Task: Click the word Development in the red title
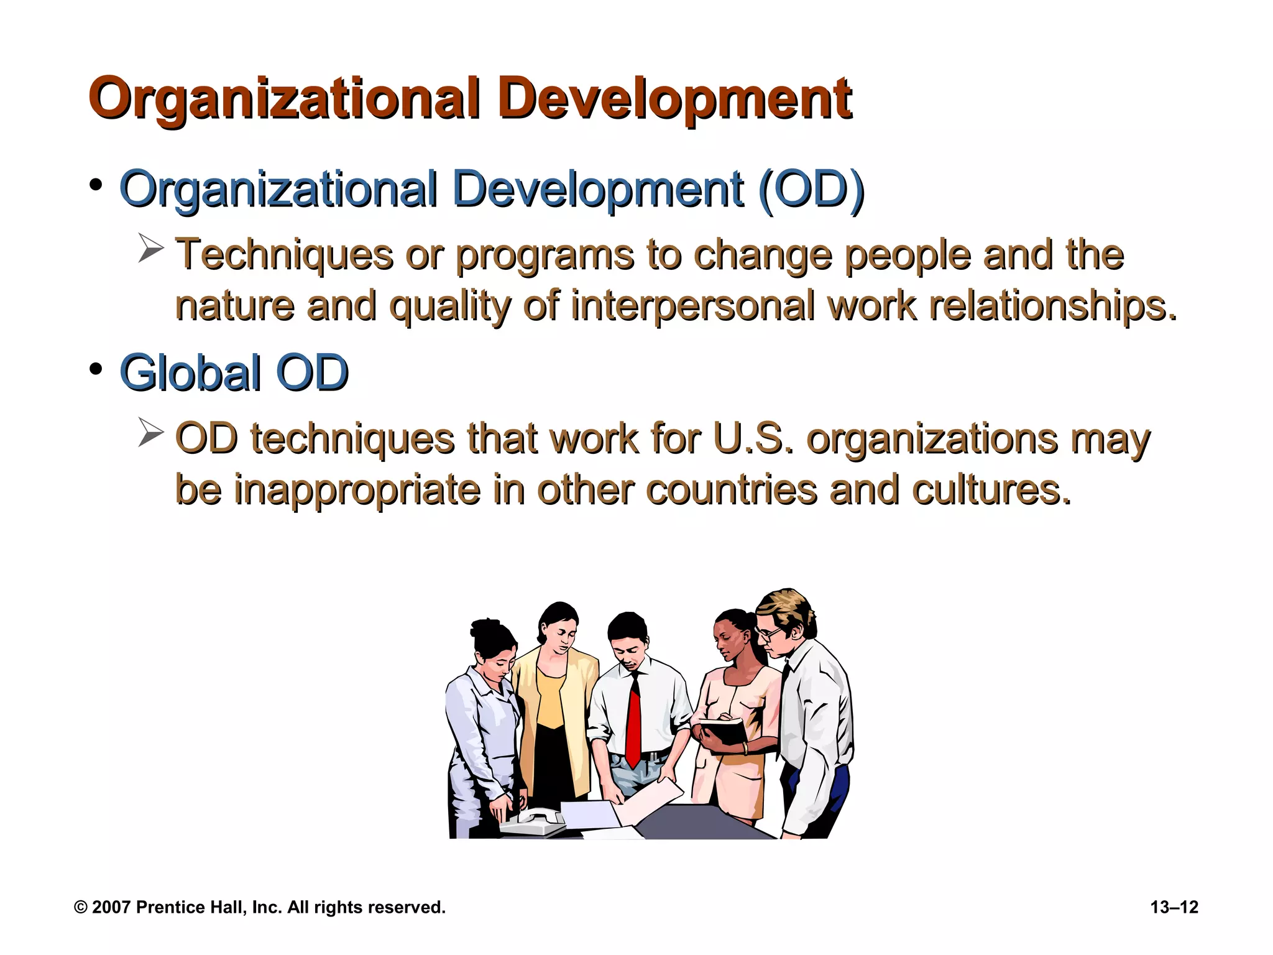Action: click(x=674, y=99)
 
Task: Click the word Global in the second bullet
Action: click(x=190, y=373)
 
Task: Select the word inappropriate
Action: click(x=357, y=490)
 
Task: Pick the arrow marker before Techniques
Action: click(x=150, y=249)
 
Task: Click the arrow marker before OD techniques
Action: click(x=150, y=433)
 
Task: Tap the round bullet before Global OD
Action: click(x=96, y=369)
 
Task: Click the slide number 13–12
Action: click(x=1174, y=907)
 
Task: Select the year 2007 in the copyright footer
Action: click(x=111, y=907)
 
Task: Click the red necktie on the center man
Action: click(x=634, y=721)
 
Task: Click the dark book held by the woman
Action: click(x=725, y=731)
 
